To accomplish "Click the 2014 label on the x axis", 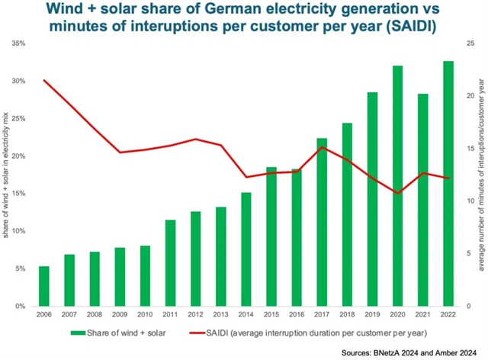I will [x=246, y=315].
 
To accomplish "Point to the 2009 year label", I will [x=120, y=315].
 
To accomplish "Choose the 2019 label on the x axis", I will [x=373, y=315].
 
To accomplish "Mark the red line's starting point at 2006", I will [x=43, y=80].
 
